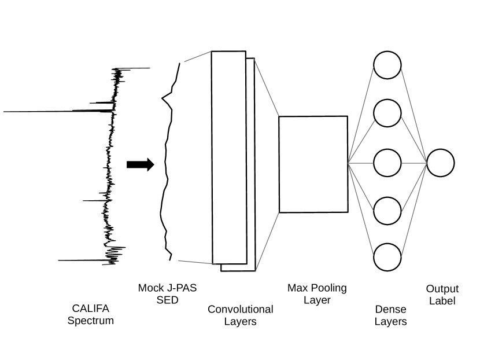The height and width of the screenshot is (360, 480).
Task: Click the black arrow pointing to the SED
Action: pyautogui.click(x=140, y=165)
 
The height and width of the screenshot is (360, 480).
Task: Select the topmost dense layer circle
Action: pyautogui.click(x=387, y=65)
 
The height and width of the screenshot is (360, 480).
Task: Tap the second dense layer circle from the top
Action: pyautogui.click(x=387, y=113)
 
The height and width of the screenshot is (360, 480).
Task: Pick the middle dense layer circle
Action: pyautogui.click(x=387, y=163)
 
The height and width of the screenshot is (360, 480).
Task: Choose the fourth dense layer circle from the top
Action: pyautogui.click(x=387, y=211)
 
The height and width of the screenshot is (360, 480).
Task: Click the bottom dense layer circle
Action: pyautogui.click(x=387, y=258)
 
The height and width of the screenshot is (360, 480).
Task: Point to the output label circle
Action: pyautogui.click(x=441, y=163)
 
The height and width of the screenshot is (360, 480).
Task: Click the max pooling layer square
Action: pyautogui.click(x=313, y=164)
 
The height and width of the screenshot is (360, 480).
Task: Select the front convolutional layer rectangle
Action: pyautogui.click(x=228, y=157)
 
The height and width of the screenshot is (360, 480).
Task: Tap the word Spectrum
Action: pyautogui.click(x=91, y=321)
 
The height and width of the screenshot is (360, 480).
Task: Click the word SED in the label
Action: pyautogui.click(x=168, y=300)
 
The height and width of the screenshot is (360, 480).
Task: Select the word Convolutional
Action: pyautogui.click(x=240, y=309)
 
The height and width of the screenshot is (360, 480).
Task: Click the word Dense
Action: pyautogui.click(x=390, y=310)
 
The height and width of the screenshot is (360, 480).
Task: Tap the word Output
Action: pyautogui.click(x=442, y=289)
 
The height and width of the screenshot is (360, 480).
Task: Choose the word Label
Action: pyautogui.click(x=442, y=301)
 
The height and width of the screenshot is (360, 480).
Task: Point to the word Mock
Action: pyautogui.click(x=152, y=288)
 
